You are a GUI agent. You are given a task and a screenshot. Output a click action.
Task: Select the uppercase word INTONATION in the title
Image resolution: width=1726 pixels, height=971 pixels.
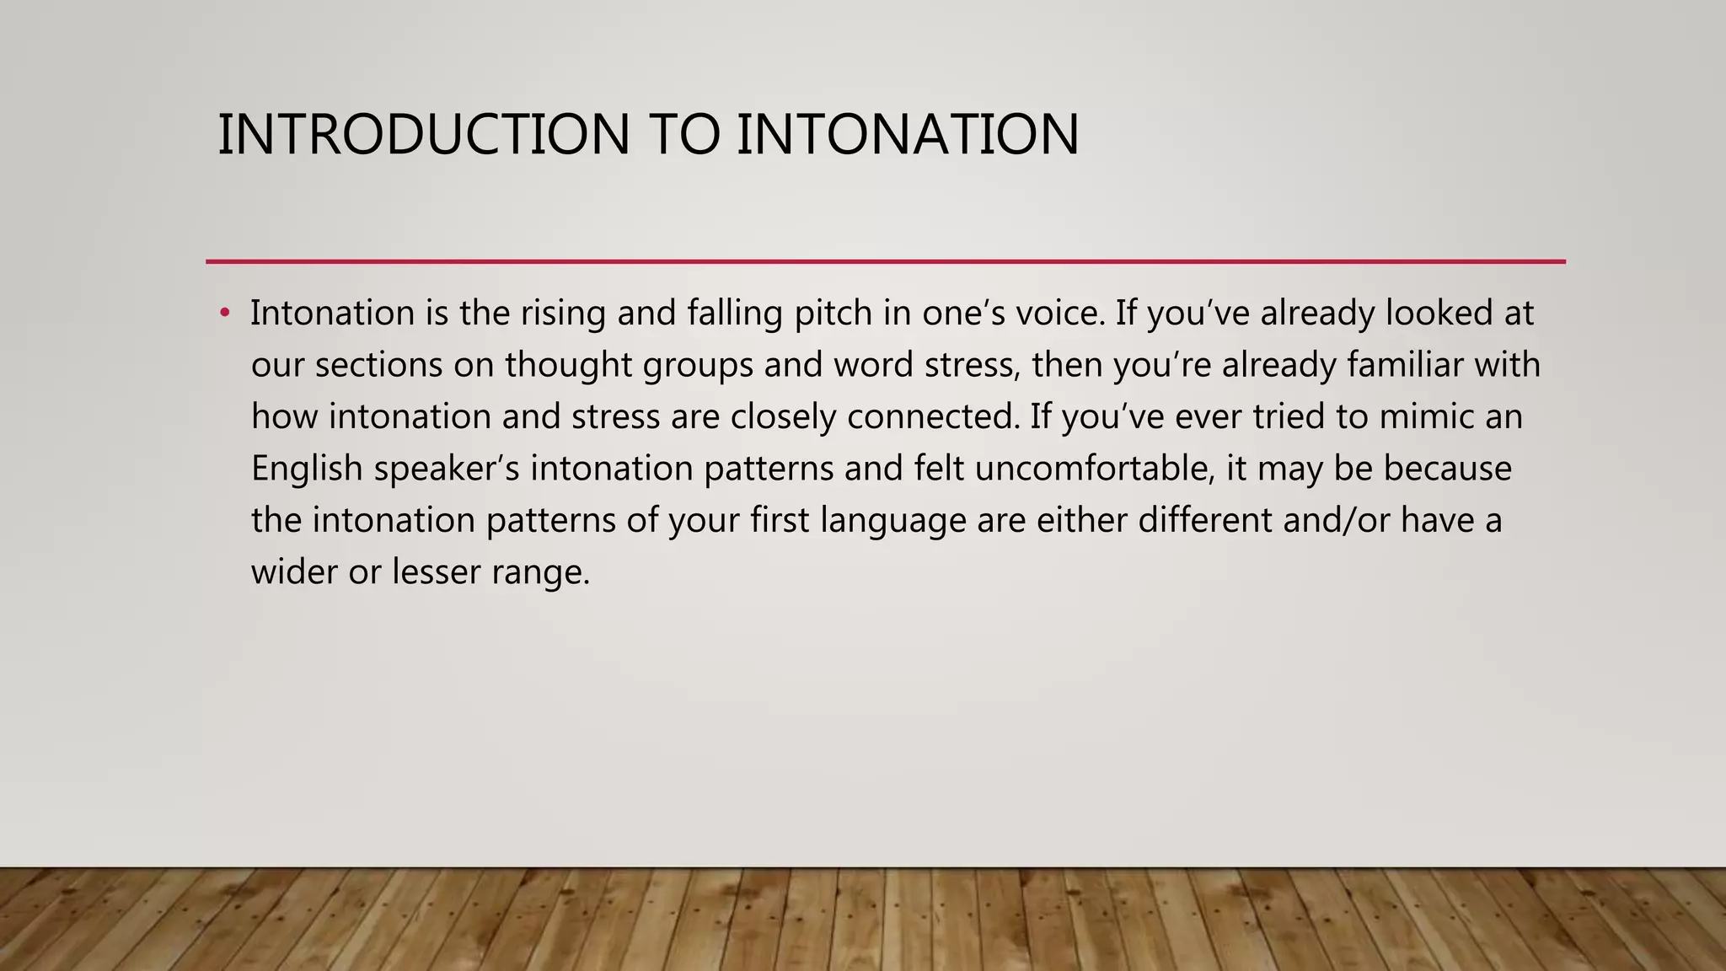[x=908, y=135]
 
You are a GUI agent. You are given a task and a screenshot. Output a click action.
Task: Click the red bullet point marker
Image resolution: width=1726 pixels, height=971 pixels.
[x=224, y=314]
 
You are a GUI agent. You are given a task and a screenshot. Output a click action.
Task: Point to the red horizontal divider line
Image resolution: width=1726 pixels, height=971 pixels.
[x=885, y=261]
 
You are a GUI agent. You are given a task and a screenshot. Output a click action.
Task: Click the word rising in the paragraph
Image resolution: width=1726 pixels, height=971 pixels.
[x=563, y=314]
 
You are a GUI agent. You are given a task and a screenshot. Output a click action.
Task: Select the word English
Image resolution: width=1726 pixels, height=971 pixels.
[x=307, y=469]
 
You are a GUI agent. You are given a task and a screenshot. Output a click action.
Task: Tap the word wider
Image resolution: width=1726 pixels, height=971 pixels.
[x=294, y=572]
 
